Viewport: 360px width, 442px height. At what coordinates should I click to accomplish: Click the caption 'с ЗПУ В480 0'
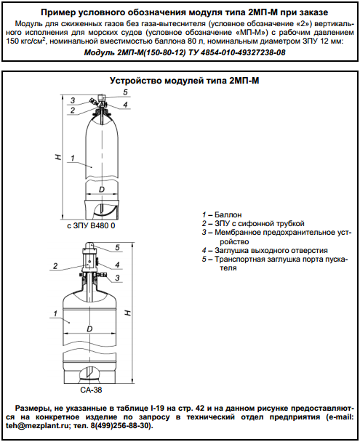(x=91, y=226)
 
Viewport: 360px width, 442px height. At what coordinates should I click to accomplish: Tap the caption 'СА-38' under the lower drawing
(x=91, y=390)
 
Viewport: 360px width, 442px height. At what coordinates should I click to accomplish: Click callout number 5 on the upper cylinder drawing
(x=125, y=92)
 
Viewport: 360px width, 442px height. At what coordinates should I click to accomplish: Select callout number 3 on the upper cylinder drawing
(x=73, y=100)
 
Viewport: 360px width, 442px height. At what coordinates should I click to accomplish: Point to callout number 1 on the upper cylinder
(x=73, y=158)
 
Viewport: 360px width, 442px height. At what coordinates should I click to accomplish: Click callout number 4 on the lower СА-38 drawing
(x=117, y=265)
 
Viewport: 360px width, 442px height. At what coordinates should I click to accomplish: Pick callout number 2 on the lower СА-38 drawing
(x=55, y=266)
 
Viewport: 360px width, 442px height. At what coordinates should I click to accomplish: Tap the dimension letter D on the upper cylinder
(x=102, y=190)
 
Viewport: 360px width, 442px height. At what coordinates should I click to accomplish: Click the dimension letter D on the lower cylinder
(x=89, y=329)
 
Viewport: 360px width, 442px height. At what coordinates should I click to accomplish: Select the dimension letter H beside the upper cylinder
(x=57, y=157)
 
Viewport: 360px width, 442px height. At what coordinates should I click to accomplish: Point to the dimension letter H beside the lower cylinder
(x=128, y=313)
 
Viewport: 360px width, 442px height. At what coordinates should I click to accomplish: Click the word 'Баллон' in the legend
(x=228, y=214)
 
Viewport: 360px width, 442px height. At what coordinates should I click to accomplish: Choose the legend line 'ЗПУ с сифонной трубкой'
(x=260, y=223)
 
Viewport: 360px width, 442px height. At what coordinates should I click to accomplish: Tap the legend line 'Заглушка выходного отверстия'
(x=271, y=250)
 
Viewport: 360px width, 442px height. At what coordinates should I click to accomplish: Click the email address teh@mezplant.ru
(x=38, y=425)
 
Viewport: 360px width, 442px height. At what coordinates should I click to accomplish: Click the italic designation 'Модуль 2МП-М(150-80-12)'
(x=135, y=52)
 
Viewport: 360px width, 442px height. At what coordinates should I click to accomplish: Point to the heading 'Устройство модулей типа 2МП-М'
(x=185, y=81)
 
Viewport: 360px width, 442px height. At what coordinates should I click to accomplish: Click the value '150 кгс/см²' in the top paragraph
(x=26, y=41)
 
